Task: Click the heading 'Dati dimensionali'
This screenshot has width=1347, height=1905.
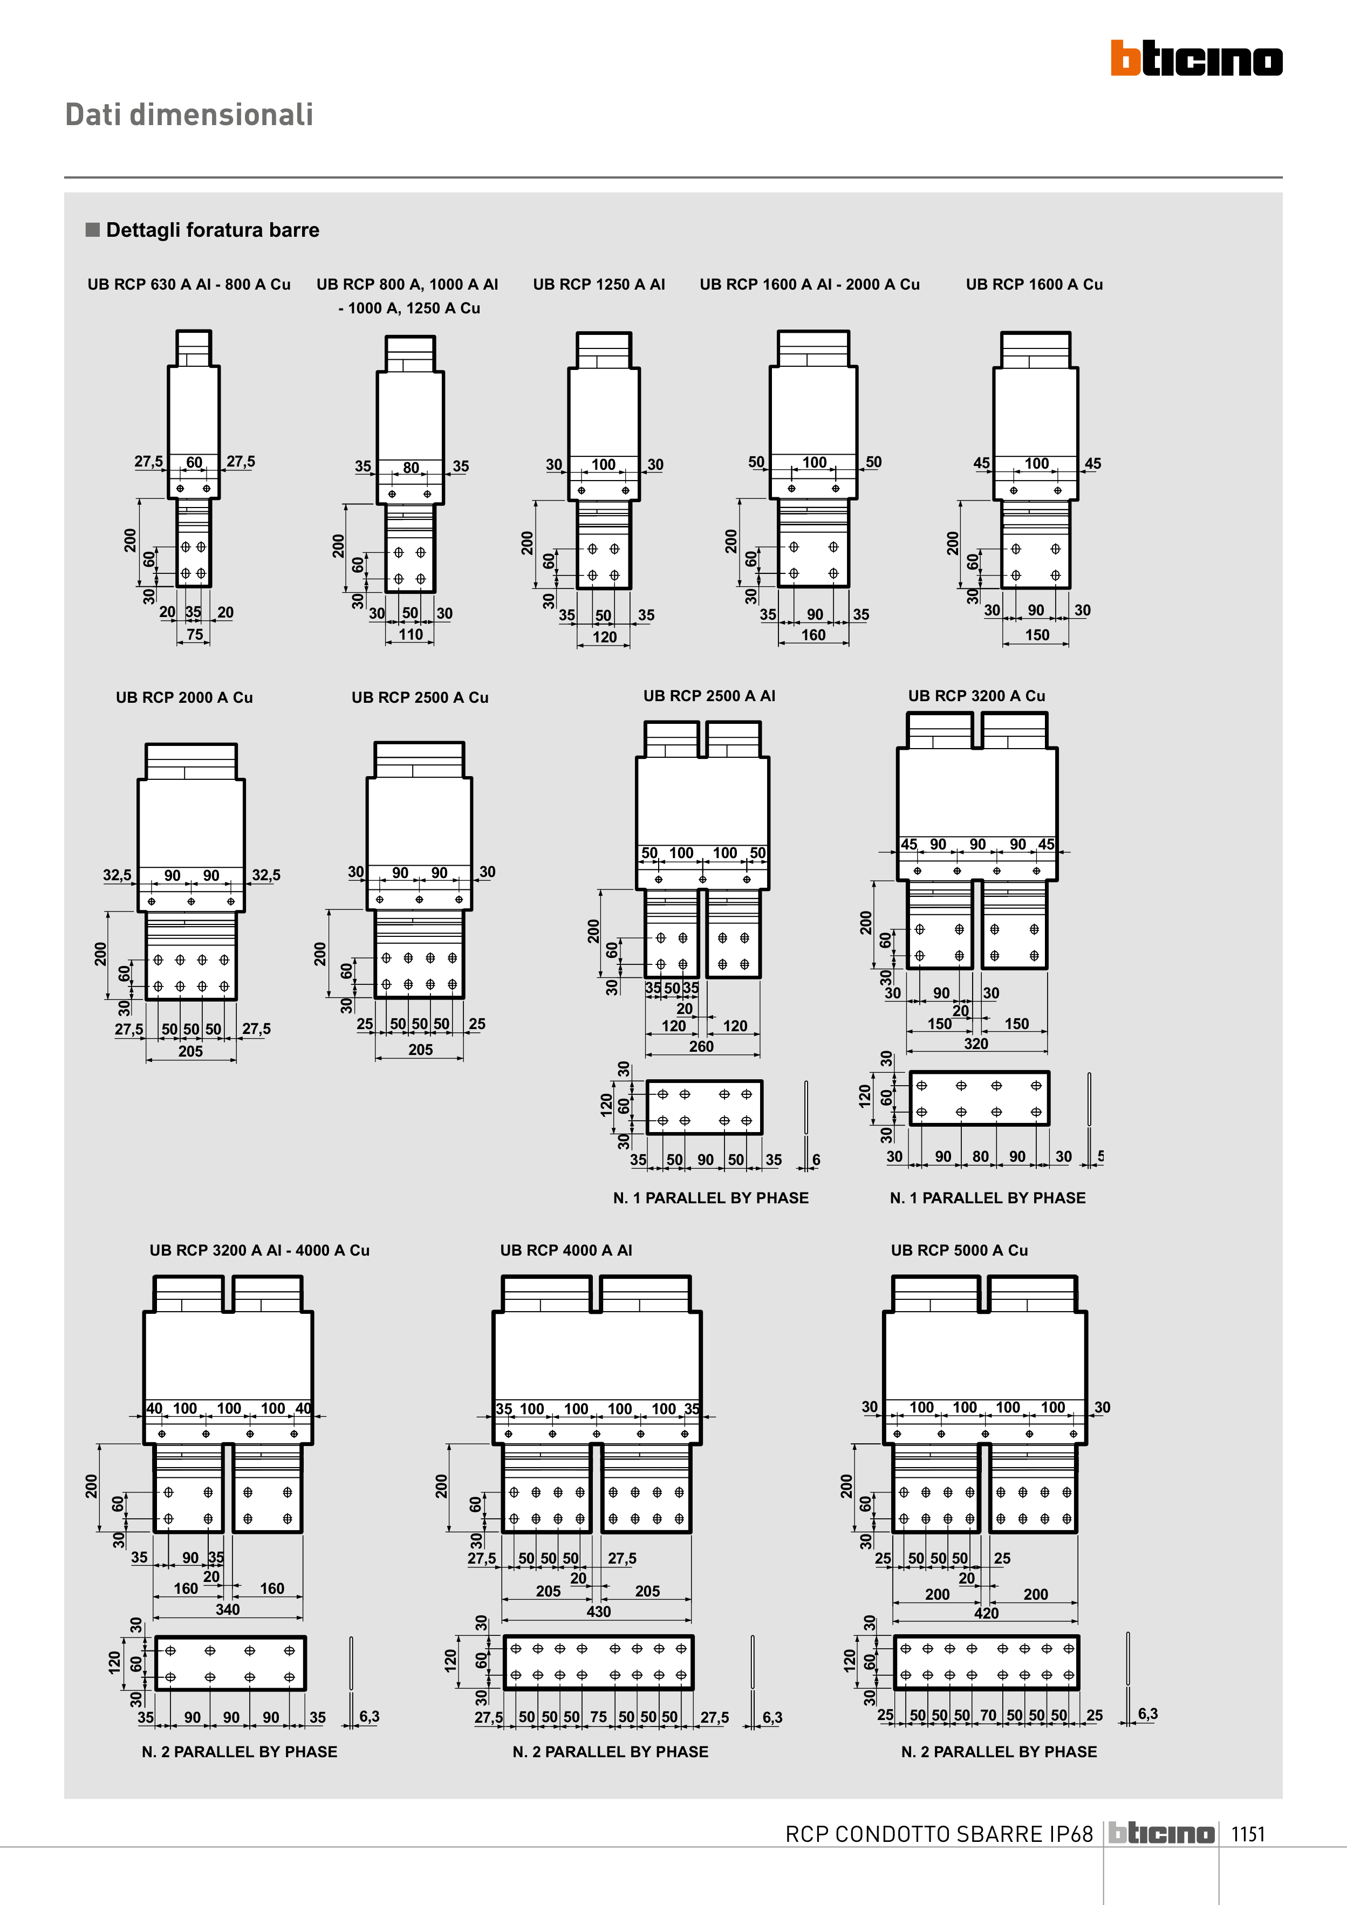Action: pyautogui.click(x=189, y=114)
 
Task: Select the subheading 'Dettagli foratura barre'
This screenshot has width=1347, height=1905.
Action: pyautogui.click(x=213, y=230)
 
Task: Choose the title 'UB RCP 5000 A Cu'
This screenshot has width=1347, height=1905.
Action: pyautogui.click(x=960, y=1250)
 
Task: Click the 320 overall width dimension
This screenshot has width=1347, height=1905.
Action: pyautogui.click(x=976, y=1044)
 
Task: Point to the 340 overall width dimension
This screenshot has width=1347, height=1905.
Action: pyautogui.click(x=228, y=1609)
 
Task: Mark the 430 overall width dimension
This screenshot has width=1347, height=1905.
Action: pyautogui.click(x=598, y=1611)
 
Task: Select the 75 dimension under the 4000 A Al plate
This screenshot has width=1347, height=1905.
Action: pyautogui.click(x=598, y=1717)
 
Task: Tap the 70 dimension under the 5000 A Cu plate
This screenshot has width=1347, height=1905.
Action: pyautogui.click(x=988, y=1715)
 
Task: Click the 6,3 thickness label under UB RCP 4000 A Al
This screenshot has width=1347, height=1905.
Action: pyautogui.click(x=772, y=1717)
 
